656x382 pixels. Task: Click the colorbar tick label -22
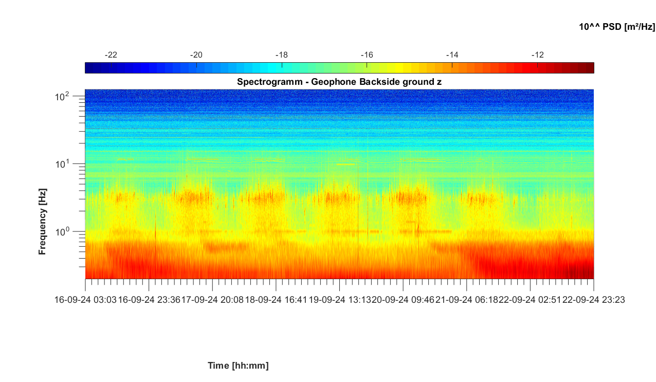point(111,55)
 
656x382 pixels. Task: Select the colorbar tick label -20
point(196,55)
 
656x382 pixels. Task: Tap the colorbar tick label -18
point(281,55)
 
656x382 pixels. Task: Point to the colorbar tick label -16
point(367,55)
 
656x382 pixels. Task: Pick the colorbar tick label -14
point(452,55)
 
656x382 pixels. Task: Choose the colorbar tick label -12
point(537,55)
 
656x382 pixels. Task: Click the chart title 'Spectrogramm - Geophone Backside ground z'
point(339,82)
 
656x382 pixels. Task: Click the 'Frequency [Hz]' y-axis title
point(43,221)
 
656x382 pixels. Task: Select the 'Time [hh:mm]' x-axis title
point(238,366)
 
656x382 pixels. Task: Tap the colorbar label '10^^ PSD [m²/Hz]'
point(617,27)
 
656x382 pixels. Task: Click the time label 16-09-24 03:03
point(85,300)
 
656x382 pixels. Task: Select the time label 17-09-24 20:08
point(212,300)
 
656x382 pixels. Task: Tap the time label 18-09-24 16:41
point(276,300)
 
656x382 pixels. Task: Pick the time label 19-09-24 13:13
point(339,300)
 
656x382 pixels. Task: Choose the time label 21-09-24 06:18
point(466,300)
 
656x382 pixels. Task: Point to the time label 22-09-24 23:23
point(593,300)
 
